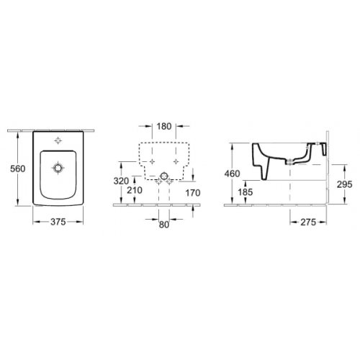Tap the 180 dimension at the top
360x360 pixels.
pyautogui.click(x=163, y=127)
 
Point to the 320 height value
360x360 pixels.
pyautogui.click(x=122, y=181)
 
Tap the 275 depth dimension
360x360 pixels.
pyautogui.click(x=310, y=222)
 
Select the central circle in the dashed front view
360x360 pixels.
pyautogui.click(x=164, y=175)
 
